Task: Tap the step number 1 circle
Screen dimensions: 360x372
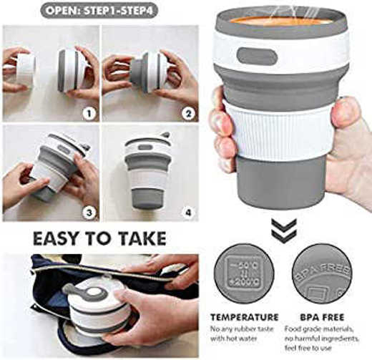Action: click(x=88, y=113)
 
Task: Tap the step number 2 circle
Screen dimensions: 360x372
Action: click(x=189, y=113)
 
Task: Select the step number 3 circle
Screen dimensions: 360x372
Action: click(x=88, y=213)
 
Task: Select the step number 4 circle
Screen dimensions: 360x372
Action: click(x=189, y=213)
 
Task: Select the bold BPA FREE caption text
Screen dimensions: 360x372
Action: click(x=318, y=317)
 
